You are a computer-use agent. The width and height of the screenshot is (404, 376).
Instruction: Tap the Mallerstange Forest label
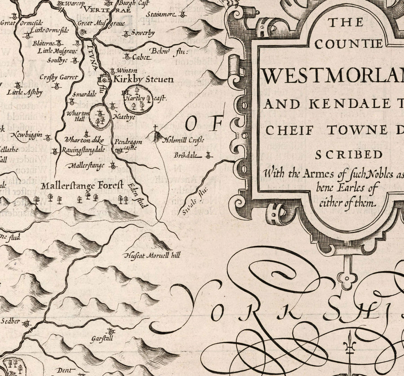pyautogui.click(x=81, y=185)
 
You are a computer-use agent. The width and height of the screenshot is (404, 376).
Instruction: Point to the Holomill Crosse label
pyautogui.click(x=182, y=140)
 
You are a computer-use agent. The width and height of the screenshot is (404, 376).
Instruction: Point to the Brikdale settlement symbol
pyautogui.click(x=208, y=155)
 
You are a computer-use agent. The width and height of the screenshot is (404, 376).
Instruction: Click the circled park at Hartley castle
pyautogui.click(x=138, y=102)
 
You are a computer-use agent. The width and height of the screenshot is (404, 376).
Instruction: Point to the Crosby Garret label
pyautogui.click(x=58, y=77)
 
